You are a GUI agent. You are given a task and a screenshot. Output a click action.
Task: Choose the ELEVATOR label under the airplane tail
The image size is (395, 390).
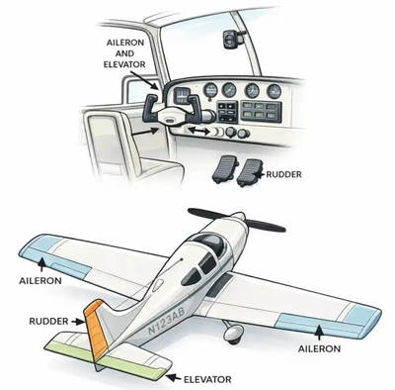[x=207, y=377]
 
